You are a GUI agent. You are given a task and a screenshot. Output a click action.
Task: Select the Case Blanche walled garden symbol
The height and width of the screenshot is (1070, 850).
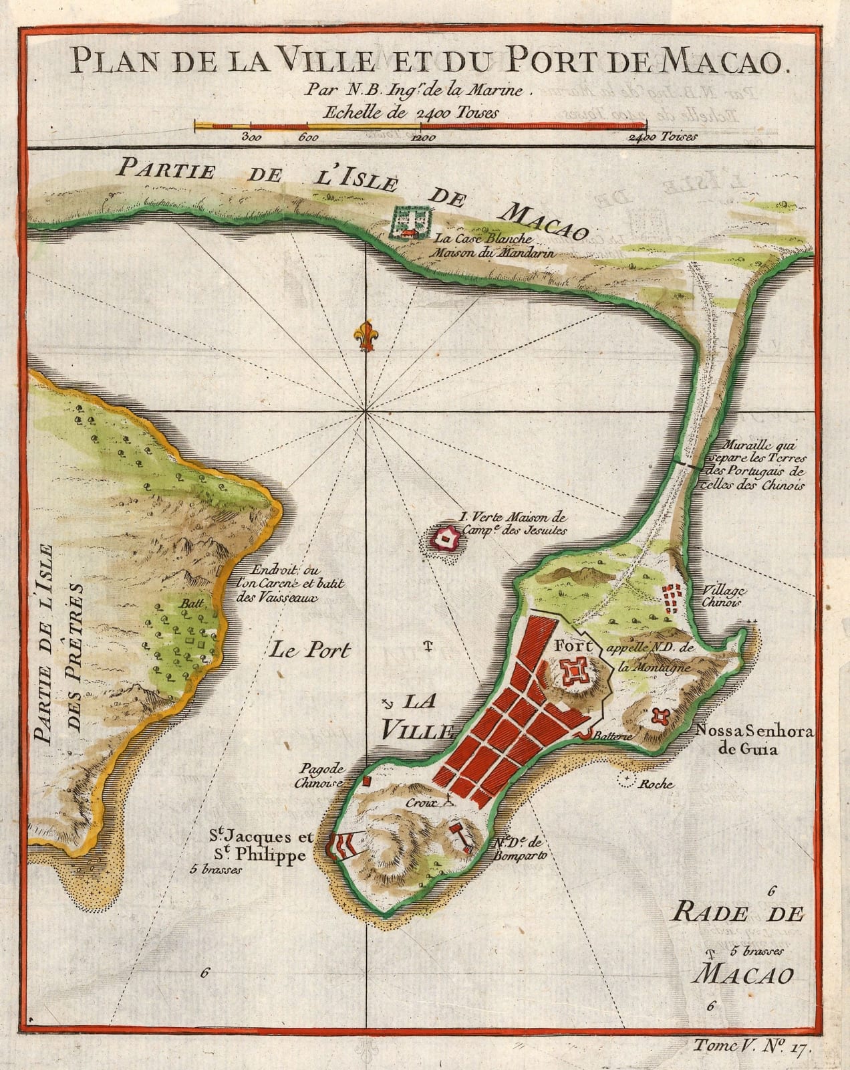[x=411, y=221]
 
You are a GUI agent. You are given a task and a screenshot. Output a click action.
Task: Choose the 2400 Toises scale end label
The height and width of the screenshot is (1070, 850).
[x=662, y=138]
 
